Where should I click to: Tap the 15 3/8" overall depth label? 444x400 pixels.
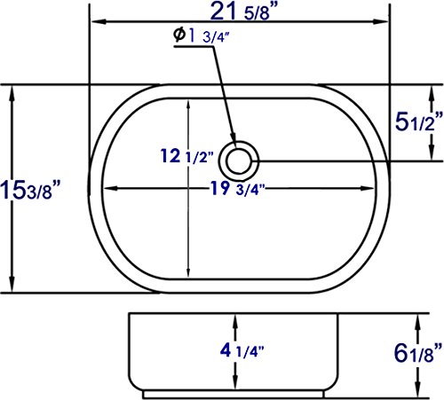30,190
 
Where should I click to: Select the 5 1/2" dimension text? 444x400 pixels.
419,122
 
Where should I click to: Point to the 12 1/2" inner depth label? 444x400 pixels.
186,156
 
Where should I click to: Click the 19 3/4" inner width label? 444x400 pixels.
237,188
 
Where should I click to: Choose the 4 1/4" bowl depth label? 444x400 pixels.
242,350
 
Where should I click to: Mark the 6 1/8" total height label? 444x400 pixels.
418,353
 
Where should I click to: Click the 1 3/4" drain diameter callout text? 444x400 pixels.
209,35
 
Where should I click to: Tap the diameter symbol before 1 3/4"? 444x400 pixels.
179,35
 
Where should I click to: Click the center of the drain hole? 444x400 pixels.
239,161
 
